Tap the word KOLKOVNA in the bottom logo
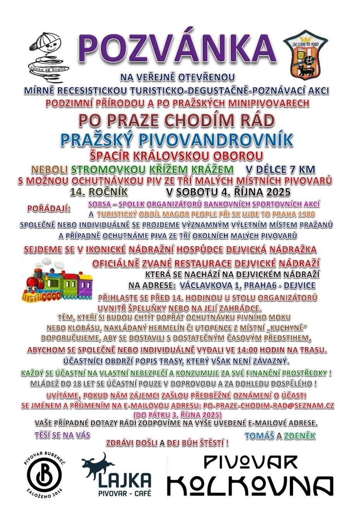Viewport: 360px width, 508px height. [251, 486]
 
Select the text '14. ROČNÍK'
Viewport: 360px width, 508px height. [98, 191]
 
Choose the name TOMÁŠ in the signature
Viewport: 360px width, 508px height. [259, 436]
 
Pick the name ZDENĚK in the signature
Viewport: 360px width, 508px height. [300, 436]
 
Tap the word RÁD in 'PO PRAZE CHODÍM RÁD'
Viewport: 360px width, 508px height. [255, 121]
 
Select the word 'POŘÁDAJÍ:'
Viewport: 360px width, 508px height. [49, 209]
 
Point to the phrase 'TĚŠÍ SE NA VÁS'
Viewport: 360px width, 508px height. [62, 435]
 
